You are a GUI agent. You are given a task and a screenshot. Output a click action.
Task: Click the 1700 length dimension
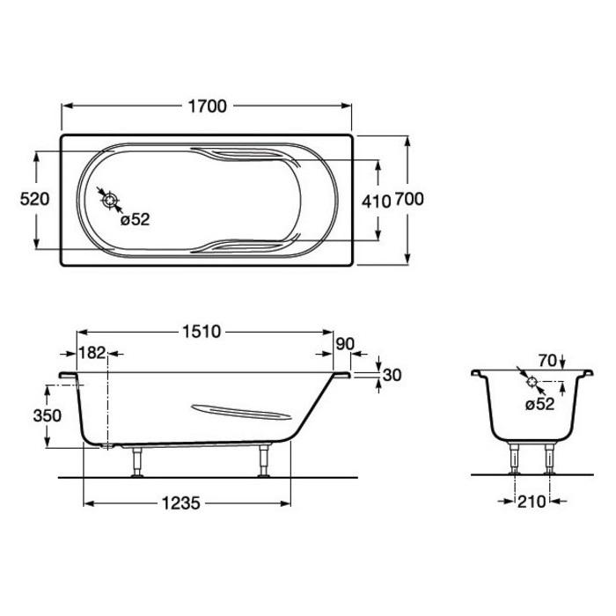(x=208, y=106)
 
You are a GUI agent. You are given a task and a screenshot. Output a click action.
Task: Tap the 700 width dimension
(x=409, y=199)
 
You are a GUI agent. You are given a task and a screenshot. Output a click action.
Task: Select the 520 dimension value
(x=34, y=199)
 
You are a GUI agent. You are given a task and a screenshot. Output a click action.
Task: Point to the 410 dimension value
(x=377, y=202)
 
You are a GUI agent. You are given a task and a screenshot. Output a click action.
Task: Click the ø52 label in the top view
(x=136, y=220)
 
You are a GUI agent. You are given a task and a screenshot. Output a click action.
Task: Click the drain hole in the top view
(x=110, y=201)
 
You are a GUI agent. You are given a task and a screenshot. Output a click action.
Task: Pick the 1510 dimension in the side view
(x=202, y=332)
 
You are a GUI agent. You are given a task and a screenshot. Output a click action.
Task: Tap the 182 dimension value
(x=92, y=353)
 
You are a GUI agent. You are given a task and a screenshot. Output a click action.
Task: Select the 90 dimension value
(x=345, y=344)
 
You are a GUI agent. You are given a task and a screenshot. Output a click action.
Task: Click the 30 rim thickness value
(x=392, y=375)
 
